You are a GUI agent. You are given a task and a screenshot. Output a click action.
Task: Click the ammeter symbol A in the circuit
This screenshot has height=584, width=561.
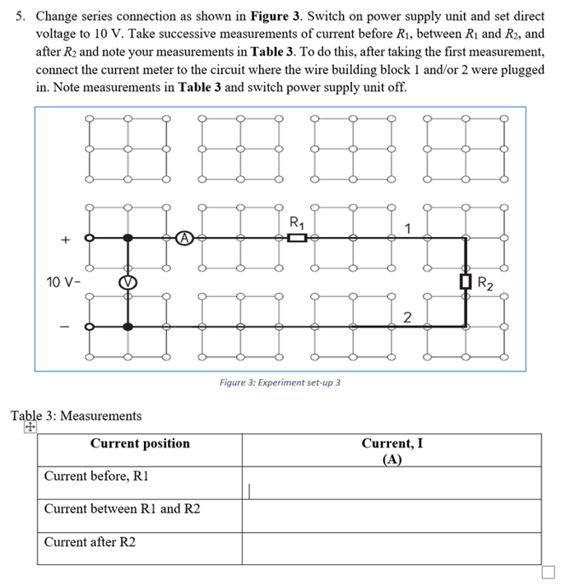187,238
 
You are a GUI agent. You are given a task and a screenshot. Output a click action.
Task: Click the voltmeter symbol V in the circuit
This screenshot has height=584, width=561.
128,283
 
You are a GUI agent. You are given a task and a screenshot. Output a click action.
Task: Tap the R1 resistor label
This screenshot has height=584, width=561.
297,220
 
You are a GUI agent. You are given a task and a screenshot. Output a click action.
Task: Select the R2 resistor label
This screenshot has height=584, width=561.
487,285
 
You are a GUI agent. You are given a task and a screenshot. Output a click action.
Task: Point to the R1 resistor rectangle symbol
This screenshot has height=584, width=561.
298,239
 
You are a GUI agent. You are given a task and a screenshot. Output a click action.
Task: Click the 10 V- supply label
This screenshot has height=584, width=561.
62,284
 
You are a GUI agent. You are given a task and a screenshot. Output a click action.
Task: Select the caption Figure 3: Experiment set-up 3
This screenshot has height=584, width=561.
280,382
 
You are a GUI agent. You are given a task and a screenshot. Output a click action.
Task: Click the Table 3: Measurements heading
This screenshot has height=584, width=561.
76,416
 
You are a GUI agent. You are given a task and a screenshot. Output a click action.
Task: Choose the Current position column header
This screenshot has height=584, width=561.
140,444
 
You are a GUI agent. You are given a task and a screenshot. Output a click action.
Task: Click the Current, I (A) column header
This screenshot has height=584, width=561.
392,451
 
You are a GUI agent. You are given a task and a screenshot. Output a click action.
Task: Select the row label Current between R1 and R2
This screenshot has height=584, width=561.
122,509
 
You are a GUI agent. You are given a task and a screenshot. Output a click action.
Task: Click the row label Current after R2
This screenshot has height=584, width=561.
90,542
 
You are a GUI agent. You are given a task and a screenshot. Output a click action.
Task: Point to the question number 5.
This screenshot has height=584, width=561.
21,16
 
